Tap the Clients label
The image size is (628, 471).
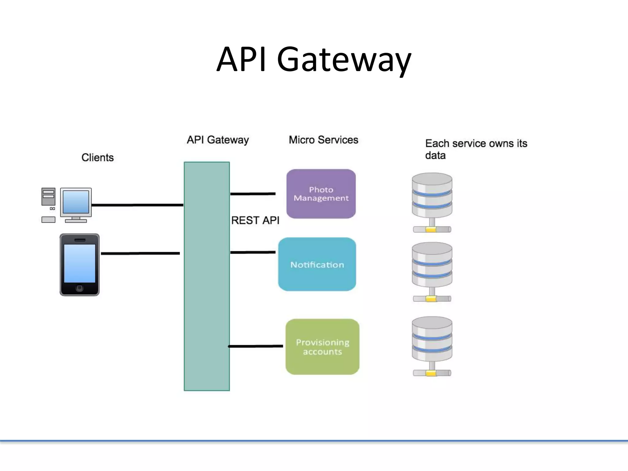tap(98, 158)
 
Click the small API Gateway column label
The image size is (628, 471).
tap(218, 140)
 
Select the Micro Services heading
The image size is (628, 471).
tap(323, 140)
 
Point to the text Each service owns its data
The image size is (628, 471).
tap(476, 149)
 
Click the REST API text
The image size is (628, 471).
tap(255, 220)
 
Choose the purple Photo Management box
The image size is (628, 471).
tap(321, 194)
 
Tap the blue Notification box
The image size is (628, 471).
tap(317, 264)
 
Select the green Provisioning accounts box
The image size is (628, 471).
tap(322, 347)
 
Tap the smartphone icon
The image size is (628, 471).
tap(79, 265)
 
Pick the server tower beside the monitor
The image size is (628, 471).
tap(48, 197)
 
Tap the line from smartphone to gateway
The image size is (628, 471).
tap(140, 253)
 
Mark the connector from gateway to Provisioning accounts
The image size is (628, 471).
tap(256, 346)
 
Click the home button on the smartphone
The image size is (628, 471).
tap(79, 288)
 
